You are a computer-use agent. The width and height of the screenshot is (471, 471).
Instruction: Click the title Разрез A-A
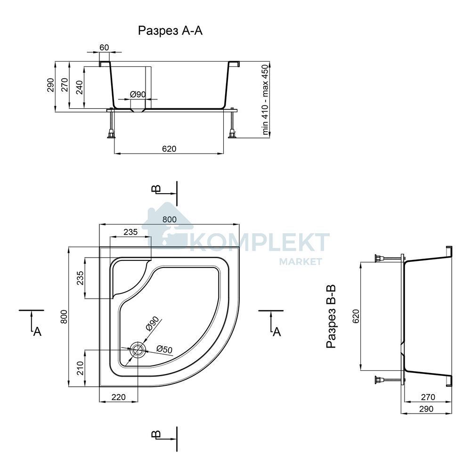pos(170,31)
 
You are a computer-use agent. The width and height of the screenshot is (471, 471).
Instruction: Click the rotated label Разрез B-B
pos(331,317)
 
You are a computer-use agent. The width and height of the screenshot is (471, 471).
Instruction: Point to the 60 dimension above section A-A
pos(104,48)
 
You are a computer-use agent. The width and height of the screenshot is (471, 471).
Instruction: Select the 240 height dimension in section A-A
pos(79,87)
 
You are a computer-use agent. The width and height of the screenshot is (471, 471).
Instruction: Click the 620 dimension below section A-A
pos(169,149)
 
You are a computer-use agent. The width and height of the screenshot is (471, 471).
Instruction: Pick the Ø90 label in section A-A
pos(138,94)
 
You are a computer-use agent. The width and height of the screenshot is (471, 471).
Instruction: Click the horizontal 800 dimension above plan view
pos(170,219)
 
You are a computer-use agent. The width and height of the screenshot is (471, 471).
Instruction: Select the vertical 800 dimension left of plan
pos(64,317)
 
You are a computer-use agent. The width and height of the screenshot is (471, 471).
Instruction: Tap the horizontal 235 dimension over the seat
pos(130,232)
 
